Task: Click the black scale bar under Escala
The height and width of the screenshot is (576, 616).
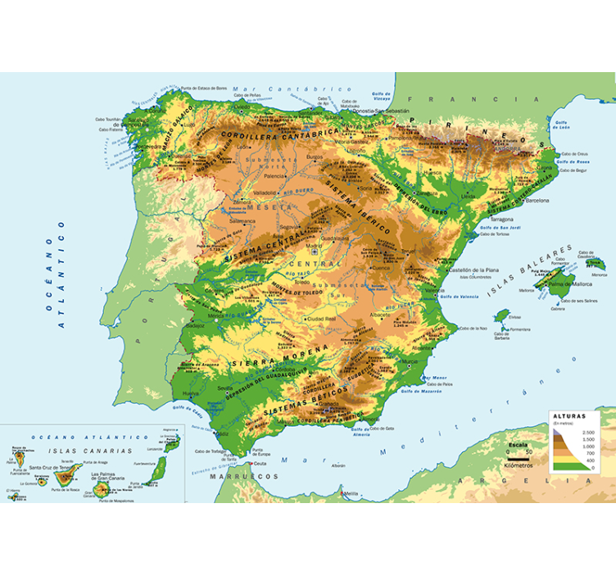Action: coord(518,457)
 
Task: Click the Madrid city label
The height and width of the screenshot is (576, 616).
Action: coord(314,245)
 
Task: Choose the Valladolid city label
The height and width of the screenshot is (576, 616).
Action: coord(266,193)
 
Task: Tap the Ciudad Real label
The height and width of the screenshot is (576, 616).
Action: coord(320,319)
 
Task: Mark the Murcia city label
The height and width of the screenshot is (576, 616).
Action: coord(411,361)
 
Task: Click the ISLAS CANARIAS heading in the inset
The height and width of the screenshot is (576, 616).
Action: coord(89,451)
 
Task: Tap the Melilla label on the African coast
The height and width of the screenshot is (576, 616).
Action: coord(351,494)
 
